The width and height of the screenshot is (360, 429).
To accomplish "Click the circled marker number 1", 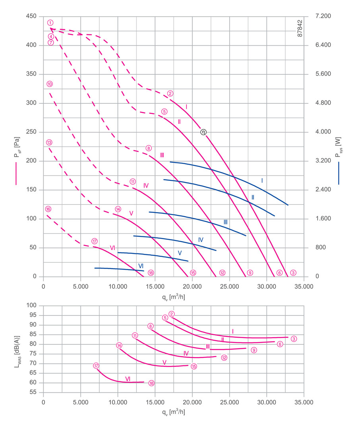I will pos(50,23).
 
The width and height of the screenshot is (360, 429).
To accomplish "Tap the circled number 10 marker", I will pos(50,84).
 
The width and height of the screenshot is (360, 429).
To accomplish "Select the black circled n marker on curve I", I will pos(203,132).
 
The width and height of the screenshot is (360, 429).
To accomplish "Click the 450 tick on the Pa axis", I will pos(32,16).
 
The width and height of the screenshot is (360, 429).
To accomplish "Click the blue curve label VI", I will pos(141,265).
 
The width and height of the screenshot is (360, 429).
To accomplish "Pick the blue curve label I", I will pos(262,180).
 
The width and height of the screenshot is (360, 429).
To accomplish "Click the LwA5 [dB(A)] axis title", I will pos(16,349).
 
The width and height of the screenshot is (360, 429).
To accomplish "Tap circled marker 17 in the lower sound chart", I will pos(96,366).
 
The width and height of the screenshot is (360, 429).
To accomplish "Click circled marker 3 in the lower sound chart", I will pos(294,339).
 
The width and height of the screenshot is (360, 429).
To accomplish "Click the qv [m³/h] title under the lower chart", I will pos(173,412).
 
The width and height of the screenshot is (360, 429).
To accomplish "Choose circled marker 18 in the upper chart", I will pos(151,273).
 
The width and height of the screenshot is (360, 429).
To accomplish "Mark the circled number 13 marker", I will pos(49,142).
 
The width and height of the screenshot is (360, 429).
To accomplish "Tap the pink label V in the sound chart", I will pos(164,362).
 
